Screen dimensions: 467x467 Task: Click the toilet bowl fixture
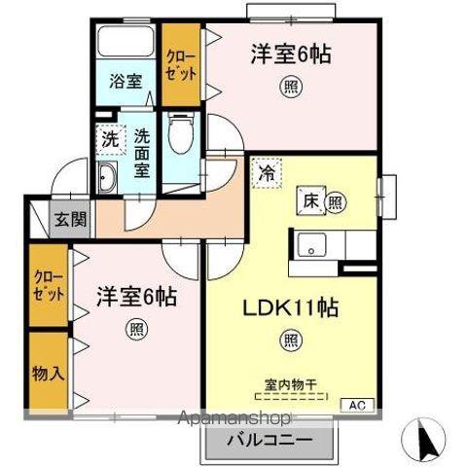click(x=182, y=133)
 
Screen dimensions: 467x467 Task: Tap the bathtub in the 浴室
click(x=126, y=41)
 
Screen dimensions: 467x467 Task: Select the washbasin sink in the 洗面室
click(x=107, y=177)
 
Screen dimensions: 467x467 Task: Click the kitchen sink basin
click(x=311, y=245)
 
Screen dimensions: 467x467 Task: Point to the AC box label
click(x=358, y=405)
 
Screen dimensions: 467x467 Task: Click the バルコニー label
click(x=269, y=441)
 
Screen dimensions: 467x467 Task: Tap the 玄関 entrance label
click(x=71, y=220)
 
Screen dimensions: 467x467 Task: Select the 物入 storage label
click(x=48, y=374)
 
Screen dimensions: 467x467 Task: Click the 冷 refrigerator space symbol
click(x=267, y=173)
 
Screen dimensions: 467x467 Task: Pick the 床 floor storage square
click(x=311, y=201)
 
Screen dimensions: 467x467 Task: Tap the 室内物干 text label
click(x=291, y=385)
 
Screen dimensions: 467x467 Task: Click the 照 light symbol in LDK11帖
click(x=291, y=341)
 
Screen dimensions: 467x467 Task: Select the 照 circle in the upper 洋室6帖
click(x=291, y=87)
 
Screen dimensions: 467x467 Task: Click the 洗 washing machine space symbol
click(x=111, y=140)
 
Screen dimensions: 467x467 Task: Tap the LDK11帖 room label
click(x=291, y=307)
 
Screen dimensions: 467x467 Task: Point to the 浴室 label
click(x=126, y=81)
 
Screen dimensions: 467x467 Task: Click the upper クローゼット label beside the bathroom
click(x=181, y=65)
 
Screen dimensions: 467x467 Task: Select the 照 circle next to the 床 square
click(x=336, y=203)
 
